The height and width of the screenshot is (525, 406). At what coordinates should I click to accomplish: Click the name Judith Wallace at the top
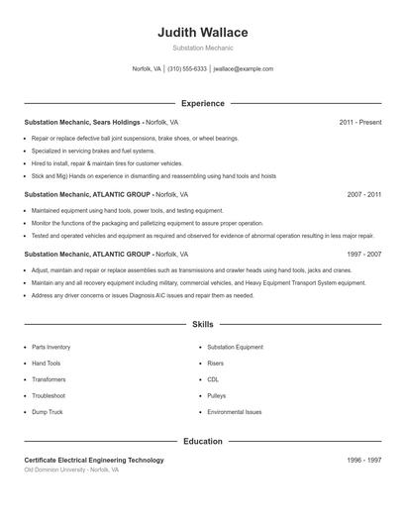202,33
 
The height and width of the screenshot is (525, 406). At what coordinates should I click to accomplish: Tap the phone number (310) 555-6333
187,69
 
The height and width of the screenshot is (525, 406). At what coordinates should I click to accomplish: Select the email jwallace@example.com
243,69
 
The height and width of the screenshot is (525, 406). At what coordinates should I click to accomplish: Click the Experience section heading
202,103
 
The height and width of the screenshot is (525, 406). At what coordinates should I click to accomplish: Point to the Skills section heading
202,324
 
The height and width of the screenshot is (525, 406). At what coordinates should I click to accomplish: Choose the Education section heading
202,441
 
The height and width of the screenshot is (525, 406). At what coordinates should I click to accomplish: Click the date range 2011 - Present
359,122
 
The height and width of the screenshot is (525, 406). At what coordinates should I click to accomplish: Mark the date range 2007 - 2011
363,195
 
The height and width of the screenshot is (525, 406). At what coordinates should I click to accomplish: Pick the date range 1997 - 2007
363,254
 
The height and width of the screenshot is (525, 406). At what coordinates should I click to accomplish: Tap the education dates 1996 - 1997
363,461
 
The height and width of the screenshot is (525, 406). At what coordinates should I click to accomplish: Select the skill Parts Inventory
51,348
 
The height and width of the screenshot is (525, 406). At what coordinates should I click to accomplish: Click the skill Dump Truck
48,412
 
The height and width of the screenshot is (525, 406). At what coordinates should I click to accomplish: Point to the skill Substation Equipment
235,348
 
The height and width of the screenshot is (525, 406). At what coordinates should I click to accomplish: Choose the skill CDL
213,379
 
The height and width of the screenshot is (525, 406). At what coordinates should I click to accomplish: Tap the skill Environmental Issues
235,412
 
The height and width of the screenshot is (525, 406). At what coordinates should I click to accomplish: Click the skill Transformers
49,379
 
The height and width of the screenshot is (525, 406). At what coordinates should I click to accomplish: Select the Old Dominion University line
71,471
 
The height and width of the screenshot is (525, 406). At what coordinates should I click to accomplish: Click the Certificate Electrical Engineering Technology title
94,461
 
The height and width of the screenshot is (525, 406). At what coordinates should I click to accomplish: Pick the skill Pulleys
216,396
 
